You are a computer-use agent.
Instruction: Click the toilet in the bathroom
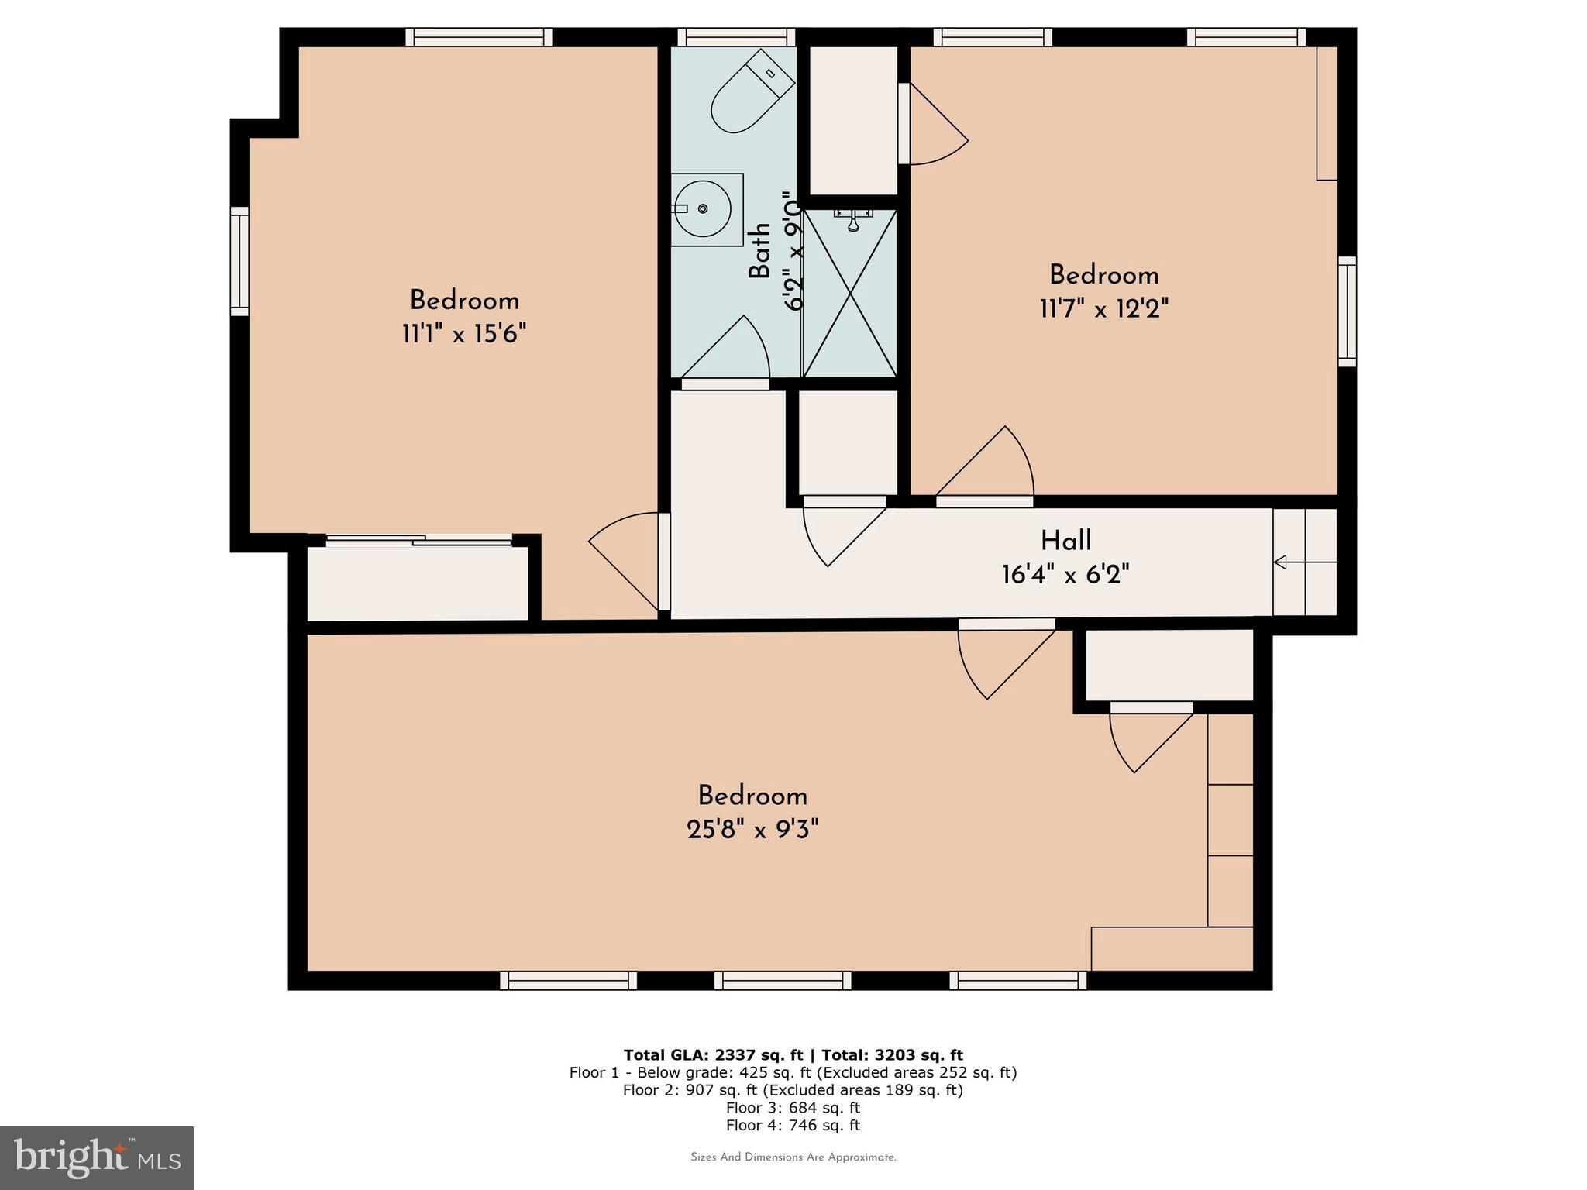pyautogui.click(x=752, y=93)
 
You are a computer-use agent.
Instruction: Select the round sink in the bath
pyautogui.click(x=702, y=209)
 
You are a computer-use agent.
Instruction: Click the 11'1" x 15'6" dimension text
pyautogui.click(x=464, y=335)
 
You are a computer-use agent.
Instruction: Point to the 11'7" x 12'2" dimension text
pyautogui.click(x=1103, y=309)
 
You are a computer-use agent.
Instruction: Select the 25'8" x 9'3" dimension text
pyautogui.click(x=752, y=830)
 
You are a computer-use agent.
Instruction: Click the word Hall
pyautogui.click(x=1065, y=540)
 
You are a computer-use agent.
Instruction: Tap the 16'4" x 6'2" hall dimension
pyautogui.click(x=1065, y=575)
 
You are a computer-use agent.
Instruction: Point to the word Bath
pyautogui.click(x=759, y=250)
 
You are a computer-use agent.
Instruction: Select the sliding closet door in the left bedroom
pyautogui.click(x=418, y=540)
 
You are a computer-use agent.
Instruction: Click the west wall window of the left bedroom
pyautogui.click(x=239, y=261)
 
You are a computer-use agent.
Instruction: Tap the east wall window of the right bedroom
pyautogui.click(x=1348, y=311)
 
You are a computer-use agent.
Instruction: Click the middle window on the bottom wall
pyautogui.click(x=783, y=981)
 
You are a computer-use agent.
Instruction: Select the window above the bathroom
pyautogui.click(x=736, y=36)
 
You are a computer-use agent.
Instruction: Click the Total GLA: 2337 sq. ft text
pyautogui.click(x=713, y=1054)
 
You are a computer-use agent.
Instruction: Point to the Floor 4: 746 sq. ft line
pyautogui.click(x=793, y=1126)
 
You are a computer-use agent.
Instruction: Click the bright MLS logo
pyautogui.click(x=97, y=1157)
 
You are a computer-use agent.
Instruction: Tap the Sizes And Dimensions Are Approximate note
pyautogui.click(x=793, y=1157)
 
